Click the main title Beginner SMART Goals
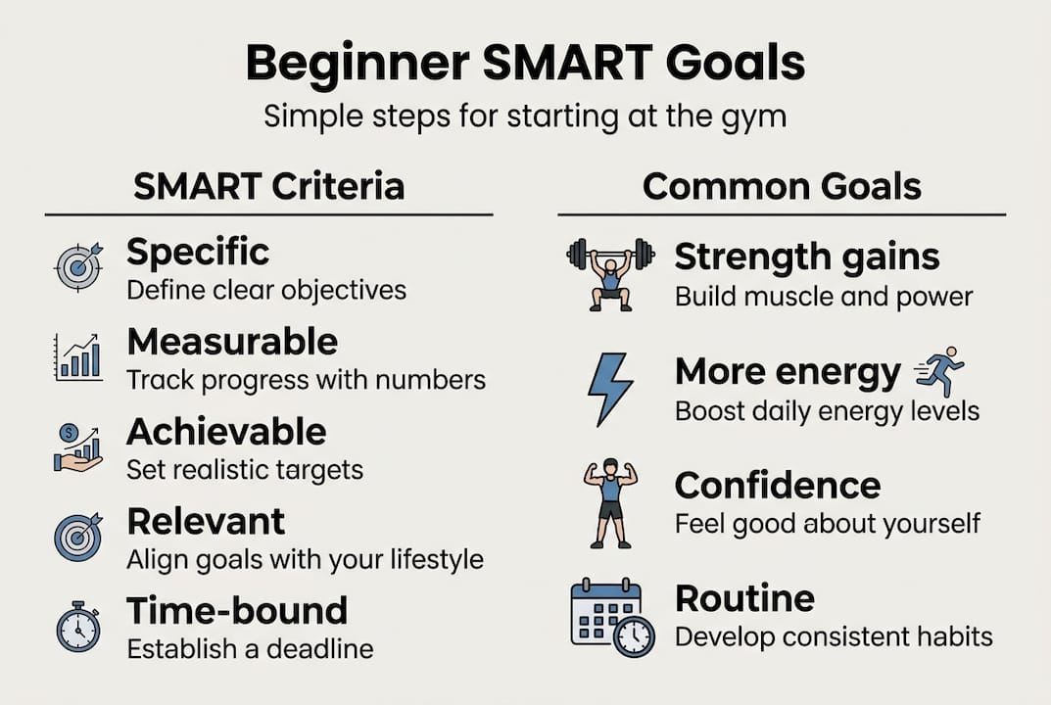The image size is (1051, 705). (x=525, y=63)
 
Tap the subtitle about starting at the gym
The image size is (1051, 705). (x=525, y=117)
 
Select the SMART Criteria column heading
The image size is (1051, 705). (x=268, y=186)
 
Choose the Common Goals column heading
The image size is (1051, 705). (x=782, y=186)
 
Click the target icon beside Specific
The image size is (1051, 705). (x=78, y=265)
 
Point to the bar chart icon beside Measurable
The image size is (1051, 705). (x=78, y=356)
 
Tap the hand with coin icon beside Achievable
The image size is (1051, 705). (x=78, y=447)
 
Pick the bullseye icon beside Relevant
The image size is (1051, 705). (x=78, y=536)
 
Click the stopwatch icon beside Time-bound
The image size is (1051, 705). (x=78, y=627)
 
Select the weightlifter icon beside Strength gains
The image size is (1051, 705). (x=610, y=273)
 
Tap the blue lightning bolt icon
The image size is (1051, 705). (x=609, y=389)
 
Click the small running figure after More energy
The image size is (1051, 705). (x=940, y=372)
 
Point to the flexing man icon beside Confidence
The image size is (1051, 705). (x=610, y=502)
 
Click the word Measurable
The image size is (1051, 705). (x=232, y=342)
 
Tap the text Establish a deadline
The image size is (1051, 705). (x=250, y=648)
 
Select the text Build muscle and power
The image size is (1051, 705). (x=824, y=297)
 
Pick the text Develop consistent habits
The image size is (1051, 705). (x=834, y=636)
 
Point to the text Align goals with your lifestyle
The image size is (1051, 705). (x=305, y=559)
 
